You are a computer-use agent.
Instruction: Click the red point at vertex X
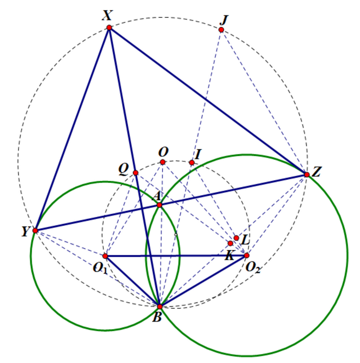(x=109, y=28)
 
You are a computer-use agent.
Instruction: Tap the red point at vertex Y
(x=35, y=231)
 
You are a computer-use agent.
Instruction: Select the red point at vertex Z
(x=307, y=174)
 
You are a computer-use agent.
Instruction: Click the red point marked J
(x=221, y=30)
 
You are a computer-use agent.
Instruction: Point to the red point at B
(x=159, y=306)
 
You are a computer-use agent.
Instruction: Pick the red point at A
(x=159, y=205)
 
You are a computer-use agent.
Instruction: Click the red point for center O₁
(x=105, y=256)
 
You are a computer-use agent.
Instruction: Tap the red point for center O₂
(x=246, y=255)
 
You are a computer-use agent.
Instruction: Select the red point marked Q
(x=135, y=173)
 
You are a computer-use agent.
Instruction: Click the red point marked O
(x=163, y=162)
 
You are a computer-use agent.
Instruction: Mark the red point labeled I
(x=192, y=162)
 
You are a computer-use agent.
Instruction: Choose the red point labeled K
(x=230, y=243)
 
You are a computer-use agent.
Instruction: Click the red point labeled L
(x=236, y=238)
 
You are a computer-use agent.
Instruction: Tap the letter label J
(x=223, y=19)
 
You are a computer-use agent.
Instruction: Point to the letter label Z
(x=317, y=174)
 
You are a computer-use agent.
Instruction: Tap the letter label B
(x=157, y=317)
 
